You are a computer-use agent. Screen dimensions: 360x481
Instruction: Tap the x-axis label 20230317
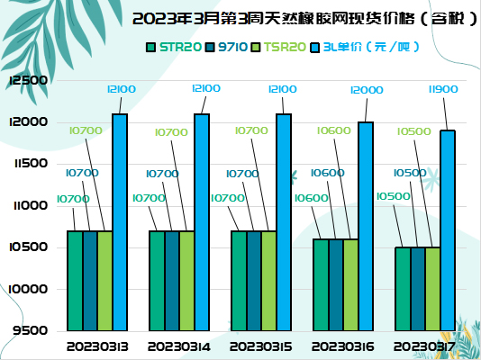click(424, 345)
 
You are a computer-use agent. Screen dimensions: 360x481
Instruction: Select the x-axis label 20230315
click(260, 345)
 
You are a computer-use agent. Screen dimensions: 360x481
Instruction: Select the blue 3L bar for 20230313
click(120, 222)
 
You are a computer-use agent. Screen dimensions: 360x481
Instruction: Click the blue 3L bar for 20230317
click(448, 230)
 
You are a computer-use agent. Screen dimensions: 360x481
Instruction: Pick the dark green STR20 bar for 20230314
click(157, 281)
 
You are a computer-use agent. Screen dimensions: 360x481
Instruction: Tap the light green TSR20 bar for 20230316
click(350, 284)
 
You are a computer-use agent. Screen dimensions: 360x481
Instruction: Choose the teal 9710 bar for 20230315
click(254, 281)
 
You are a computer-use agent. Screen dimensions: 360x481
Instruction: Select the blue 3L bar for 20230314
click(202, 222)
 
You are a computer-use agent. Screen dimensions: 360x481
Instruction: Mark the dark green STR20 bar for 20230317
click(404, 288)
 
